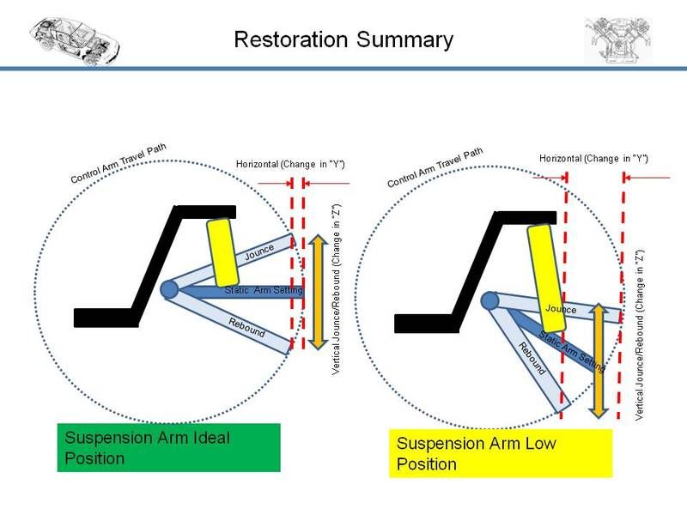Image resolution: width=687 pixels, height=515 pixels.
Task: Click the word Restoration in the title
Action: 291,39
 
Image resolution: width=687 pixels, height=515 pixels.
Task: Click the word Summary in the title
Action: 404,40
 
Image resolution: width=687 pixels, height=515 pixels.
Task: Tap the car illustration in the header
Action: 76,40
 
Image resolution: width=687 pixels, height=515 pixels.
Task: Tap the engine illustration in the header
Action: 618,39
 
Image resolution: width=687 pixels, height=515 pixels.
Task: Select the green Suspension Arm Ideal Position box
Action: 168,447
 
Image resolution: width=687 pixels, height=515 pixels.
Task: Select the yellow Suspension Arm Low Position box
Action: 501,453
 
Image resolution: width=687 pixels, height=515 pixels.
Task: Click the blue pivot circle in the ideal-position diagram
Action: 169,289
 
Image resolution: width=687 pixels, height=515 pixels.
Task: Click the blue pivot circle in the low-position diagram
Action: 489,301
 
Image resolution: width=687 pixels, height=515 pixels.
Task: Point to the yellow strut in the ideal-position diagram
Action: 223,253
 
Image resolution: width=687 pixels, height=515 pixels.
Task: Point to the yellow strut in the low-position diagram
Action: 546,278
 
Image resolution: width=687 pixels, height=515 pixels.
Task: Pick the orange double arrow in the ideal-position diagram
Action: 319,292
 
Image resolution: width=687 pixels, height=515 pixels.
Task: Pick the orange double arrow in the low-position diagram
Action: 598,360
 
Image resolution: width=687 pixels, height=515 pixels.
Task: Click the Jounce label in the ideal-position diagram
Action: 259,251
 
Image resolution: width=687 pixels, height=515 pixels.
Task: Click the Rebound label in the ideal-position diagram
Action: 247,328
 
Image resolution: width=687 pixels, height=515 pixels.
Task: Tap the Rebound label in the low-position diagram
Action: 532,358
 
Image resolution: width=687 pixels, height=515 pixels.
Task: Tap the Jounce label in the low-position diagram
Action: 561,309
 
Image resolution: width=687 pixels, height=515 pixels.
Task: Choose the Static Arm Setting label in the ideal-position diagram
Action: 264,290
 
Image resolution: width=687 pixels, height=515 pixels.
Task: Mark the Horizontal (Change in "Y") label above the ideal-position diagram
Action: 290,164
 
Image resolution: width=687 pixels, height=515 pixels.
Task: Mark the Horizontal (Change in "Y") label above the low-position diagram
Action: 593,159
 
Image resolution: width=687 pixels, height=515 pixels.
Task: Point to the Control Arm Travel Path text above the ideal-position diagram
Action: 119,163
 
